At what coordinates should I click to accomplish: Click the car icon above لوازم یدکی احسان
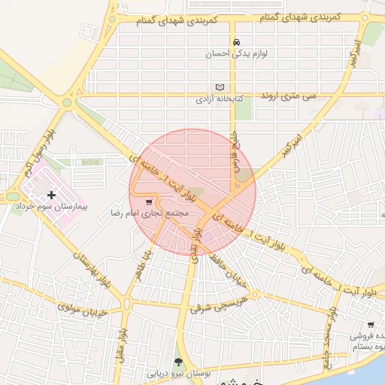pos(236,42)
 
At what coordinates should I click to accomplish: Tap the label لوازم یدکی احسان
pos(236,55)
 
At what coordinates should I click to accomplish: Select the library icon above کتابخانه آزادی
pos(220,87)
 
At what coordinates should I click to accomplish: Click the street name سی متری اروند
pos(290,97)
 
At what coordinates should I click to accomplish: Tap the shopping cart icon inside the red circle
pos(149,202)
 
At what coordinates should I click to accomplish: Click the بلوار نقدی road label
pos(196,247)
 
